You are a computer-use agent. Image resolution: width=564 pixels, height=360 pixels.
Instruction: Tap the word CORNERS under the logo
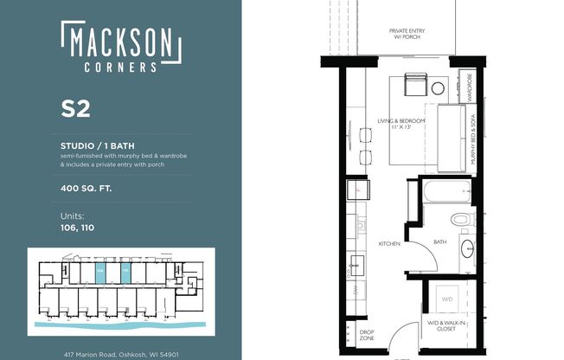tap(120, 66)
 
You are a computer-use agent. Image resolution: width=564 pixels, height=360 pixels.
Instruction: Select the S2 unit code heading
tap(75, 109)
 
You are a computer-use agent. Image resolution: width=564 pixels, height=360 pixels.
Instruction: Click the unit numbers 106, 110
tap(77, 228)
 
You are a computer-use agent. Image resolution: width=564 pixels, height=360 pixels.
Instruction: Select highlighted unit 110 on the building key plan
tap(125, 273)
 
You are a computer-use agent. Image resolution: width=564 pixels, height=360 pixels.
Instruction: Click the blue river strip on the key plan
tap(121, 324)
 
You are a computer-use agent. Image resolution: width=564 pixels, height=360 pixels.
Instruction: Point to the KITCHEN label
tap(389, 244)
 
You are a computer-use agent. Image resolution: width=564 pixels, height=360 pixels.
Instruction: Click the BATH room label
tap(439, 242)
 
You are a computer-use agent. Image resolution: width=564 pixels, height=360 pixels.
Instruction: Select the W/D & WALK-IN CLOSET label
tap(447, 325)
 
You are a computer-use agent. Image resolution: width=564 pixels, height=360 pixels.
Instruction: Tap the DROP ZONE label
tap(366, 334)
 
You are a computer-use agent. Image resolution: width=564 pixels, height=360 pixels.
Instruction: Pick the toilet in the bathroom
tap(461, 220)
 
